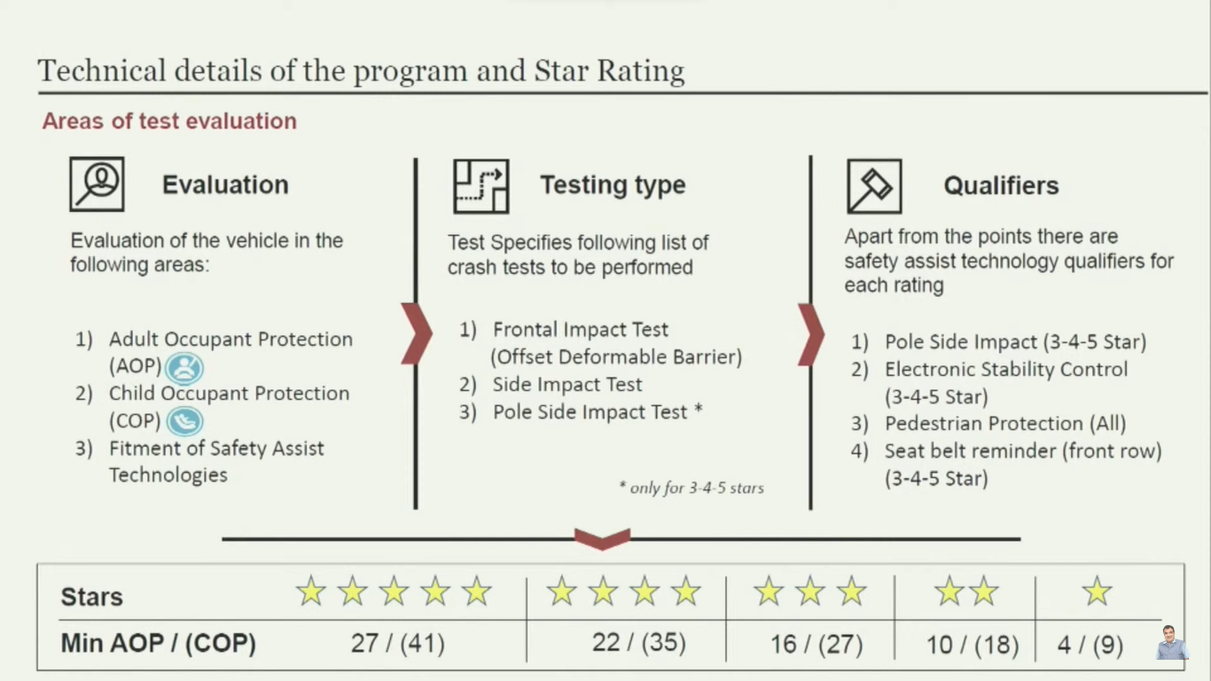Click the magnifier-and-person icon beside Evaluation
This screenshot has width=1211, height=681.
tap(97, 184)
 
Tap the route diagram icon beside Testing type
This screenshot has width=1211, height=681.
tap(481, 186)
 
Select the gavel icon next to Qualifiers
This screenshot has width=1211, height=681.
tap(874, 186)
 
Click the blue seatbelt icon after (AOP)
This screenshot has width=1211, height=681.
tap(184, 368)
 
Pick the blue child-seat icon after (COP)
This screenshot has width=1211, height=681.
tap(185, 421)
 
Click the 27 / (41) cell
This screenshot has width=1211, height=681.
tap(398, 644)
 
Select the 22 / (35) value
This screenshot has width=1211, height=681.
tap(639, 643)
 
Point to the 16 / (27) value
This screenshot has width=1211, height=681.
tap(816, 645)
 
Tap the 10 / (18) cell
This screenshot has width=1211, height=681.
tap(973, 645)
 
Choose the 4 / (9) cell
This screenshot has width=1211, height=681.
tap(1090, 645)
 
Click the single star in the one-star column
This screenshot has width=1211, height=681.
tap(1097, 591)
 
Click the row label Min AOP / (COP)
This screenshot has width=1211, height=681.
tap(158, 644)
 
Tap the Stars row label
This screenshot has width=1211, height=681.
tap(91, 597)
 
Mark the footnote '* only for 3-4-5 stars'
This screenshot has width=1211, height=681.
tap(691, 488)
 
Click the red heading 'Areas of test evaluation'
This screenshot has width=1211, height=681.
tap(169, 121)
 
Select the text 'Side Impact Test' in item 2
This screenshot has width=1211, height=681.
tap(567, 385)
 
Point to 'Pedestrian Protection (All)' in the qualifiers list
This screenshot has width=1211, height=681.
tap(1005, 424)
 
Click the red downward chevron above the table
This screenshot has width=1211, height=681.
tap(602, 539)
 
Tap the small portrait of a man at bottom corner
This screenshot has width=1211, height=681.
tap(1171, 643)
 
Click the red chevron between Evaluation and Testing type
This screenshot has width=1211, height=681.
tap(417, 333)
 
